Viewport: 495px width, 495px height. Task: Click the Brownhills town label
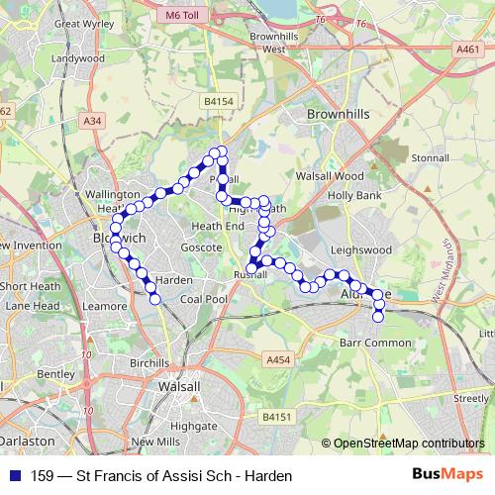[x=338, y=115]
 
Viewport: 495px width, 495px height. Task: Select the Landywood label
[x=78, y=58]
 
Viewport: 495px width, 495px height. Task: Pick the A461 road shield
[x=468, y=48]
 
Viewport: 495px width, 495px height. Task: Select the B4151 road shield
[x=277, y=420]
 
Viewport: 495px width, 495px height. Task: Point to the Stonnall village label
[x=430, y=157]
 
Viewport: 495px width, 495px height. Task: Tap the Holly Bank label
[x=354, y=196]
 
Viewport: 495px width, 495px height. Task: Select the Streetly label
[x=470, y=397]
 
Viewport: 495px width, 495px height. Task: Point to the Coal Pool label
[x=204, y=298]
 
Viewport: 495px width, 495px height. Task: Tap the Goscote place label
[x=201, y=247]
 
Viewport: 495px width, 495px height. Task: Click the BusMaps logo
[x=446, y=475]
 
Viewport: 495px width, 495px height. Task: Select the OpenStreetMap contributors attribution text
[x=409, y=443]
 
